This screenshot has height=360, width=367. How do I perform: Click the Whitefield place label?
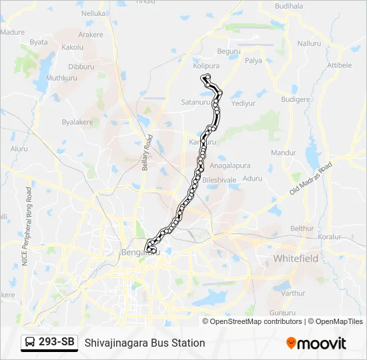[296, 258]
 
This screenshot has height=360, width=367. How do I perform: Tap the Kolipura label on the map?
[206, 66]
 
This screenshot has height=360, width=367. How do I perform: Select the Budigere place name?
[296, 99]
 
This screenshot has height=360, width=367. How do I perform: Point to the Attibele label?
[339, 65]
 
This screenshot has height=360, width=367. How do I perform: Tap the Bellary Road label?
[147, 153]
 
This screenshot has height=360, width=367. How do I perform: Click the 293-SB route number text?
[56, 342]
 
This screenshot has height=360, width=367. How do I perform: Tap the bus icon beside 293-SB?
[31, 342]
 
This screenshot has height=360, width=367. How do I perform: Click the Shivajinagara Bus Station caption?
[145, 343]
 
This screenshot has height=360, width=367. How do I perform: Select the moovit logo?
[316, 343]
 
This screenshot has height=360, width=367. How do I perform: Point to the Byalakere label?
[78, 123]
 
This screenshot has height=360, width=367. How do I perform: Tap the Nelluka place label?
[93, 13]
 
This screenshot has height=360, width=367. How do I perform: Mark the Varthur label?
[293, 293]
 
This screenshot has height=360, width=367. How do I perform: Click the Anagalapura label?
[230, 165]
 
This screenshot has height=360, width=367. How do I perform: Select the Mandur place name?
[283, 153]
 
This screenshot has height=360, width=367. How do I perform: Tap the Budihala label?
[288, 5]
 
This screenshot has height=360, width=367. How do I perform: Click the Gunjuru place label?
[282, 312]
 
